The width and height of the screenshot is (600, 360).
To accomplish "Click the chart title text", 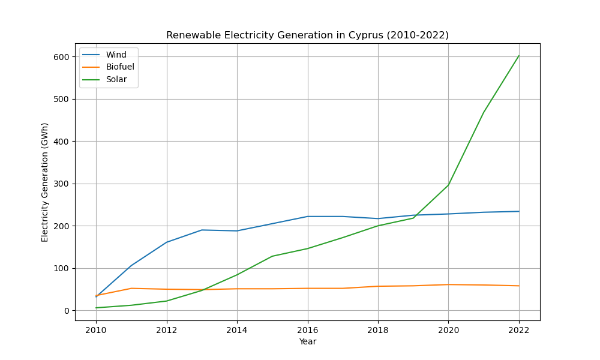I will click(x=307, y=35).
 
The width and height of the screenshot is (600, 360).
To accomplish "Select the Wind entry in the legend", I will click(x=116, y=55).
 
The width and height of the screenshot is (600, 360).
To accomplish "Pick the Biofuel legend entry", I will click(x=120, y=67).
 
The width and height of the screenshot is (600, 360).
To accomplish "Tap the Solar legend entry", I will click(x=116, y=79).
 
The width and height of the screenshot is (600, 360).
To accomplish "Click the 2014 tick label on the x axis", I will click(x=237, y=330).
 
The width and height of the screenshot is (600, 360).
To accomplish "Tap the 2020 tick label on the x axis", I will click(x=448, y=330).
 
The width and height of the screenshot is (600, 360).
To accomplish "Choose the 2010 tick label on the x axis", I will click(x=96, y=330).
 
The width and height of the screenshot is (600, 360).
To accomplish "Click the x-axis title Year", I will click(x=307, y=342).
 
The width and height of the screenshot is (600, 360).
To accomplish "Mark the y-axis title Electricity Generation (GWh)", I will click(x=45, y=182).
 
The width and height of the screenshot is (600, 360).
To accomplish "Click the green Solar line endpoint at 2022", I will click(x=519, y=56).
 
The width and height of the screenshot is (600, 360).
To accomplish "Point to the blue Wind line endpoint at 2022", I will click(x=519, y=211).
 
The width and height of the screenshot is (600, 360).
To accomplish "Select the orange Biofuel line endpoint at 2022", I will click(x=519, y=286).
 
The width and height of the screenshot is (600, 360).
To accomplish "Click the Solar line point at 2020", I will click(x=448, y=185).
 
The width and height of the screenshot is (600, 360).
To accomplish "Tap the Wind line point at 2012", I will click(x=167, y=242).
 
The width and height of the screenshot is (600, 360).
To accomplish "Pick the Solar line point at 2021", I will click(x=484, y=112).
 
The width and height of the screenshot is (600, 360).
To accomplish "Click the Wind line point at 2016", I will click(x=308, y=217).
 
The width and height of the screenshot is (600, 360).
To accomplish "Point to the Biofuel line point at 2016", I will click(x=308, y=289).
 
